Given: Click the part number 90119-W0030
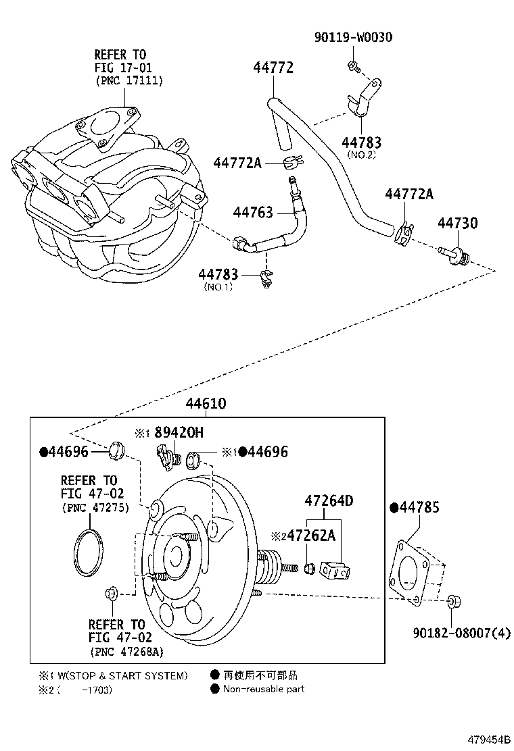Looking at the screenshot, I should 352,36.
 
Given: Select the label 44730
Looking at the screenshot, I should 457,223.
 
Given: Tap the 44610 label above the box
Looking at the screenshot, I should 206,404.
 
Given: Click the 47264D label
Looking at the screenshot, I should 329,501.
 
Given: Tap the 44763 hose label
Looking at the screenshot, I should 253,212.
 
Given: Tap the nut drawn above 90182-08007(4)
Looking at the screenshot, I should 454,600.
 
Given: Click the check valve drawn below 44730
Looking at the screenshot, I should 454,257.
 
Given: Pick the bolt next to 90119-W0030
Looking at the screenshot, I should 352,65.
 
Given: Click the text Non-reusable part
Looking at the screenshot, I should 263,689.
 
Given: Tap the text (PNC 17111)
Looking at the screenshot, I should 128,80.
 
